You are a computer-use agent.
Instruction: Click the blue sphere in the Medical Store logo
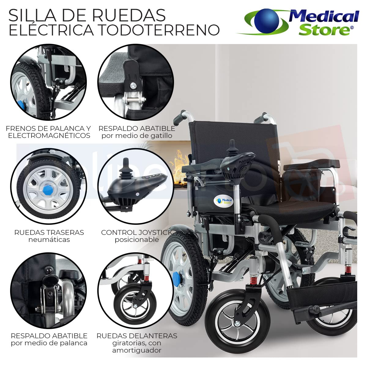click(267, 20)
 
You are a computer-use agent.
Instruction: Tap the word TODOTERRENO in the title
click(159, 30)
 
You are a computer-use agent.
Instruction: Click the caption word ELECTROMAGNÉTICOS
click(49, 135)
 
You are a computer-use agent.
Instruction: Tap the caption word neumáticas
click(49, 239)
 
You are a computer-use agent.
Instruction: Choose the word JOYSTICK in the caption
click(156, 232)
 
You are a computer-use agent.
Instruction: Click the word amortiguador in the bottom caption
click(137, 350)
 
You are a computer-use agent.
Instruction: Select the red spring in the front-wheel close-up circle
click(146, 278)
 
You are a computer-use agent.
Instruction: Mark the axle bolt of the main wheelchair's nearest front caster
click(237, 324)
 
